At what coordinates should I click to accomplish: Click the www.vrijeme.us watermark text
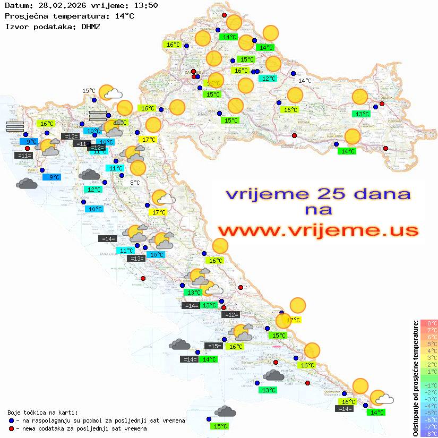point(317,230)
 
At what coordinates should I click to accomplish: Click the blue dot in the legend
point(11,420)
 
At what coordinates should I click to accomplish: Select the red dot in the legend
point(11,428)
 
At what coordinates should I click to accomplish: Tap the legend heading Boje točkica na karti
point(42,412)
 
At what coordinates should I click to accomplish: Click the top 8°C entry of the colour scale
point(429,323)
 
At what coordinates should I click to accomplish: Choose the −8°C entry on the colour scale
point(429,434)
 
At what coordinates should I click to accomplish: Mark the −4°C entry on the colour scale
point(429,406)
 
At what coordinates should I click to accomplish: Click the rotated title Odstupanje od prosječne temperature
point(416,378)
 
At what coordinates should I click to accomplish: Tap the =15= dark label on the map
point(213,346)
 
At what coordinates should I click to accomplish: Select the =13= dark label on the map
point(136,259)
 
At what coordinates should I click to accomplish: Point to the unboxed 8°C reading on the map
point(135,183)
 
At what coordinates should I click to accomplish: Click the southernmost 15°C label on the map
point(220,426)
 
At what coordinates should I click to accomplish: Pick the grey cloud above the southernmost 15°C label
point(226,411)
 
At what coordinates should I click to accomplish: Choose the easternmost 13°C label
point(362,114)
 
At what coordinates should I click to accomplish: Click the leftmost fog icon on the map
point(15,126)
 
